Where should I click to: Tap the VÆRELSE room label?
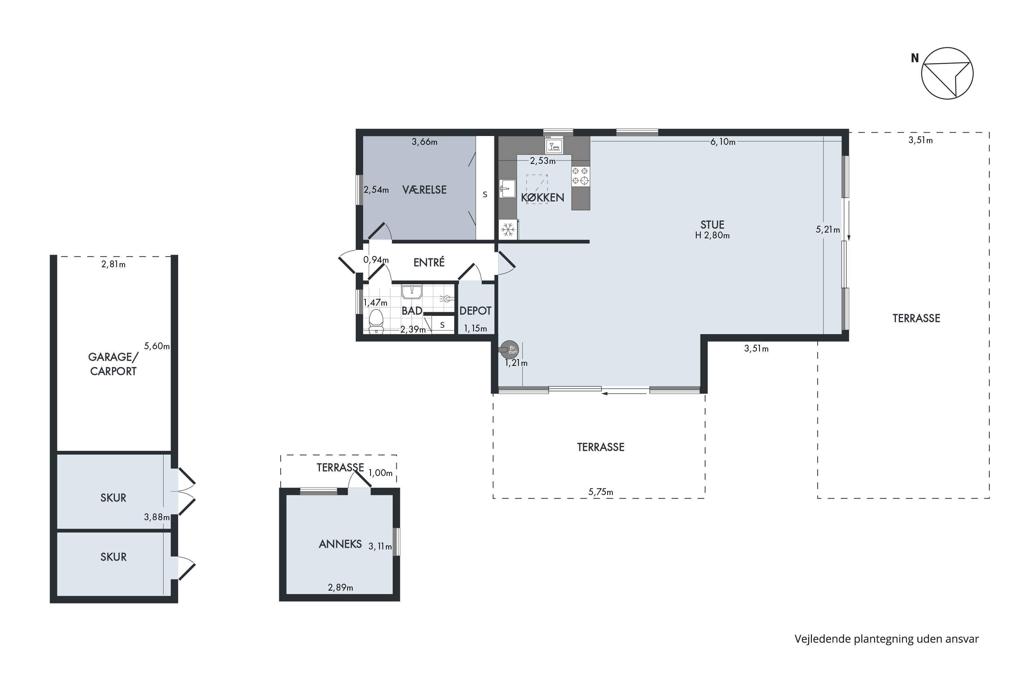424,189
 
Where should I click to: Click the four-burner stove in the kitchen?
580,176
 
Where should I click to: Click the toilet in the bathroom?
376,321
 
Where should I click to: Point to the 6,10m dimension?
722,142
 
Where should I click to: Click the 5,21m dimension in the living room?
828,230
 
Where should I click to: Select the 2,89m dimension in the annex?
340,588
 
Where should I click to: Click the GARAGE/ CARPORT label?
113,364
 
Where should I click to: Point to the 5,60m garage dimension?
156,346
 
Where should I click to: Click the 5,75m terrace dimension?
601,492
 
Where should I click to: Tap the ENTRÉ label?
429,262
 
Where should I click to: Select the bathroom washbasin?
411,291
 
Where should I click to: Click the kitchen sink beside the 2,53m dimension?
507,189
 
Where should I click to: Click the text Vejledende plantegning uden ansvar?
886,639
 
